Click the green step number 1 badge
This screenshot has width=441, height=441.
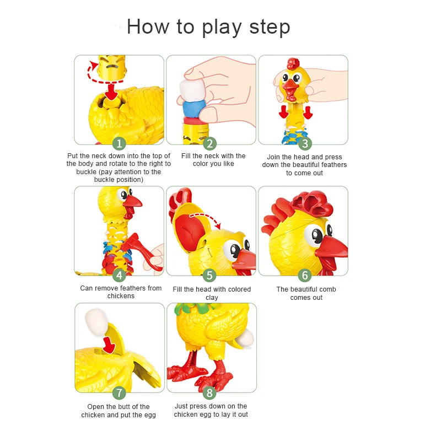119,144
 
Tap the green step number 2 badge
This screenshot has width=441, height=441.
210,144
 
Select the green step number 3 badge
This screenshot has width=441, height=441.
305,144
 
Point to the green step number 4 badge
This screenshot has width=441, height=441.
119,275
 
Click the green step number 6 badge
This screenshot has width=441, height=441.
305,275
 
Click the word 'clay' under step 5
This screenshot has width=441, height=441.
212,298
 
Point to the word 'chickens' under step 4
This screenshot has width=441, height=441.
121,296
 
